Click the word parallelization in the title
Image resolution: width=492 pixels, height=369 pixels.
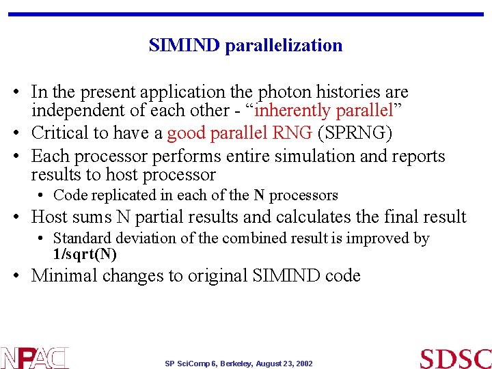(284, 46)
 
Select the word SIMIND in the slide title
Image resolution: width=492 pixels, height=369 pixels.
(184, 46)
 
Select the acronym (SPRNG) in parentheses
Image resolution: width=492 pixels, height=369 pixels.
(355, 133)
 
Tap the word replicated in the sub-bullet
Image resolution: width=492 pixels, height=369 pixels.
(125, 195)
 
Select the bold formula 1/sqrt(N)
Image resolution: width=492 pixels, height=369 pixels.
(85, 255)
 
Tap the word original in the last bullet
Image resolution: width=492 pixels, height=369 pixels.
(217, 276)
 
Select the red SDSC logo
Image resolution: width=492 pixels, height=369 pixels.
(455, 358)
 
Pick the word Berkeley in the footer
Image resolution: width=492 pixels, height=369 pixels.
(234, 364)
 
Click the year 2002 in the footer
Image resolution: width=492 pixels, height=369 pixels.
(303, 364)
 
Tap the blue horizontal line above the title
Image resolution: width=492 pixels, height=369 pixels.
(246, 14)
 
